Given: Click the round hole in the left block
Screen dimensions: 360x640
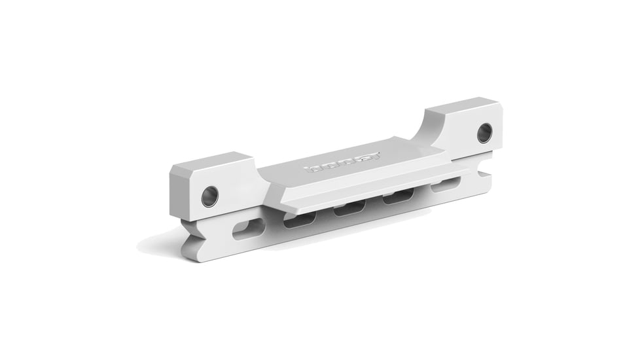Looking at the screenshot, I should [x=209, y=196].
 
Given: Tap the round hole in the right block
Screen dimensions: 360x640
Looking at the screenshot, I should [x=484, y=133].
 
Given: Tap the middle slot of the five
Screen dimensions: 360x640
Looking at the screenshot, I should [x=349, y=209].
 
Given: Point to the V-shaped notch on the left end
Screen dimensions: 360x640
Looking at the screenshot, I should [x=187, y=235].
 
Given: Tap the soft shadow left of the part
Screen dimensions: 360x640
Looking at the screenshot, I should [x=157, y=245].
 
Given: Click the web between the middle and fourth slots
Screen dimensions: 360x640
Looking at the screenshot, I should [x=374, y=204].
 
